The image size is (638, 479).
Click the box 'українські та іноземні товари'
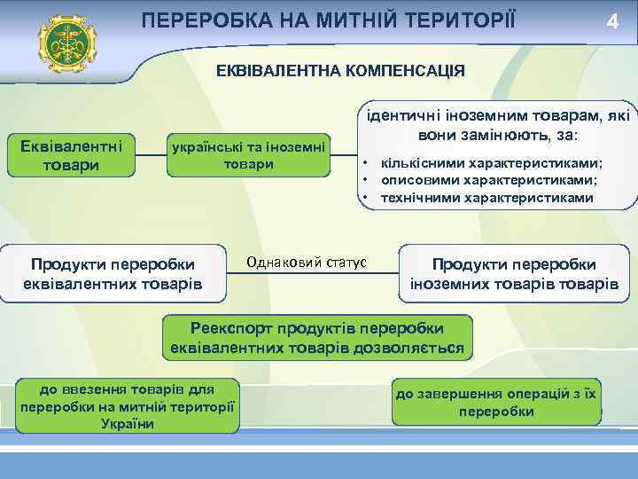click(248, 154)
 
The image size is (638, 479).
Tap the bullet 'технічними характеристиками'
click(486, 197)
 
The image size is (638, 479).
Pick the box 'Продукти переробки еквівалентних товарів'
click(113, 274)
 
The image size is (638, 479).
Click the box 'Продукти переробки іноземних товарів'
click(514, 274)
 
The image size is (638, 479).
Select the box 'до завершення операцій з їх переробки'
click(496, 403)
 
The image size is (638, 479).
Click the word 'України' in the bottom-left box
click(128, 423)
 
